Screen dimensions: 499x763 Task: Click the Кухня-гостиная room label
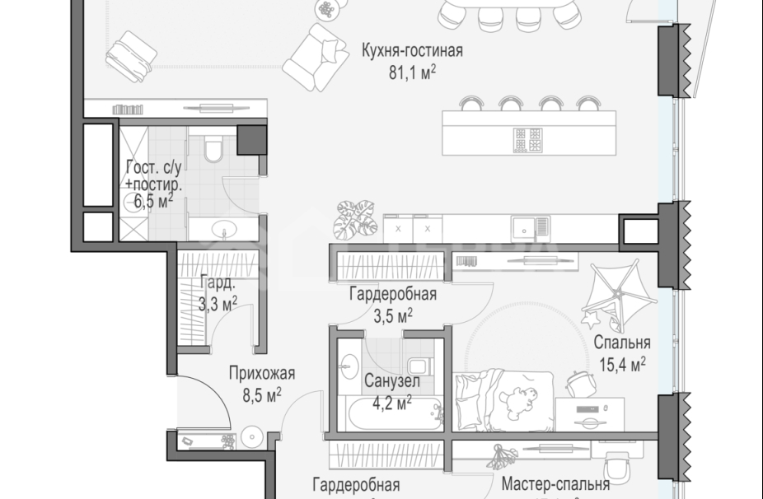point(412,51)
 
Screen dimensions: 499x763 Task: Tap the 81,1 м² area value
point(412,72)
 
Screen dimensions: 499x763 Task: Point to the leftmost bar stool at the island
point(471,104)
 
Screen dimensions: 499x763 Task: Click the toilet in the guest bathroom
point(213,150)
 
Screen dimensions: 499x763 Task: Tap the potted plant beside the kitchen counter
point(347,218)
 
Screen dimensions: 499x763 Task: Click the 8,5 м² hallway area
point(262,394)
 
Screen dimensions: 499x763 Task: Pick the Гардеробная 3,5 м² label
point(392,305)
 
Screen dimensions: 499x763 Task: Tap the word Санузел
point(392,382)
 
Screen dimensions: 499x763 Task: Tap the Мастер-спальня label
point(555,485)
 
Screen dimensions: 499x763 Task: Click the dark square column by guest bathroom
point(250,141)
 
